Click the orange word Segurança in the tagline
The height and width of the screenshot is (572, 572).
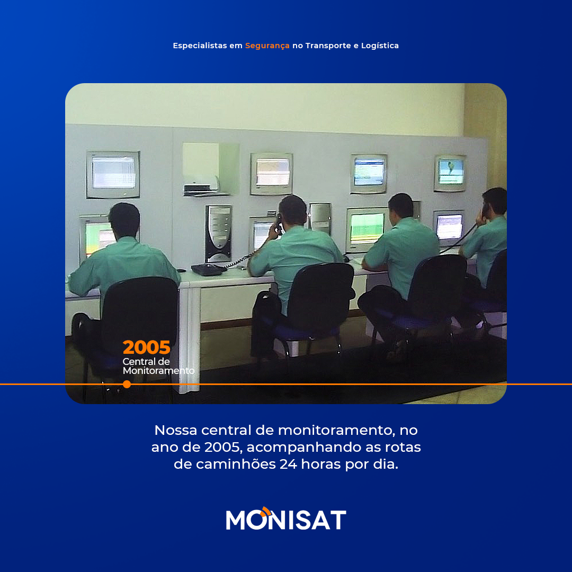pyautogui.click(x=267, y=46)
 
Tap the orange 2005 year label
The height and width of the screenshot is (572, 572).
pyautogui.click(x=146, y=347)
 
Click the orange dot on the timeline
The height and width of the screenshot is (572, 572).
pyautogui.click(x=127, y=384)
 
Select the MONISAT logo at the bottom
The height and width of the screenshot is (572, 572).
pyautogui.click(x=286, y=519)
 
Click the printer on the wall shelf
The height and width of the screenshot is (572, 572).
pyautogui.click(x=201, y=185)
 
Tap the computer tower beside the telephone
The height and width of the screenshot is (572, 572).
pyautogui.click(x=219, y=234)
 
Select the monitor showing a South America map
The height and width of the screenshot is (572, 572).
pyautogui.click(x=450, y=173)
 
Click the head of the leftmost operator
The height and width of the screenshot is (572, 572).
pyautogui.click(x=124, y=220)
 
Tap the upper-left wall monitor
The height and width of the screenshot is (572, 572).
pyautogui.click(x=113, y=175)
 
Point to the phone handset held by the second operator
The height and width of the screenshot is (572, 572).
pyautogui.click(x=279, y=224)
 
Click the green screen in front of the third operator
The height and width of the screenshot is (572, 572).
pyautogui.click(x=367, y=228)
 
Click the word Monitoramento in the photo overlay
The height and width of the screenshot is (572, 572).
pyautogui.click(x=159, y=371)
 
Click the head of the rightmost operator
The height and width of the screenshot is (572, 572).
pyautogui.click(x=495, y=201)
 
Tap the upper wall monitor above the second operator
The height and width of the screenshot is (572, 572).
pyautogui.click(x=271, y=174)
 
